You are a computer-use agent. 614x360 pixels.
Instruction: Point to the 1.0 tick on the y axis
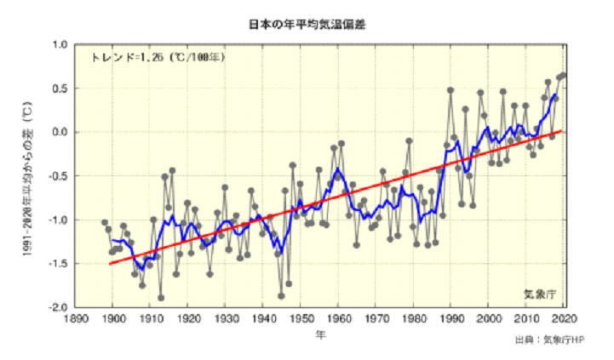tap(60, 44)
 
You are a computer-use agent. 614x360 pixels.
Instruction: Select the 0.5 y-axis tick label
tap(60, 89)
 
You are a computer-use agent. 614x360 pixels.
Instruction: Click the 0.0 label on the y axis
tap(60, 132)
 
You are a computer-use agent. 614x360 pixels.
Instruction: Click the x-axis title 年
tap(319, 334)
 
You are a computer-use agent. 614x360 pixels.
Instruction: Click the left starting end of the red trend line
tap(110, 264)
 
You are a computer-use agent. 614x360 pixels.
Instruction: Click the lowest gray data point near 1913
tap(161, 298)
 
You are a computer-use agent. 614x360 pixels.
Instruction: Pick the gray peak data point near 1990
tap(450, 90)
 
